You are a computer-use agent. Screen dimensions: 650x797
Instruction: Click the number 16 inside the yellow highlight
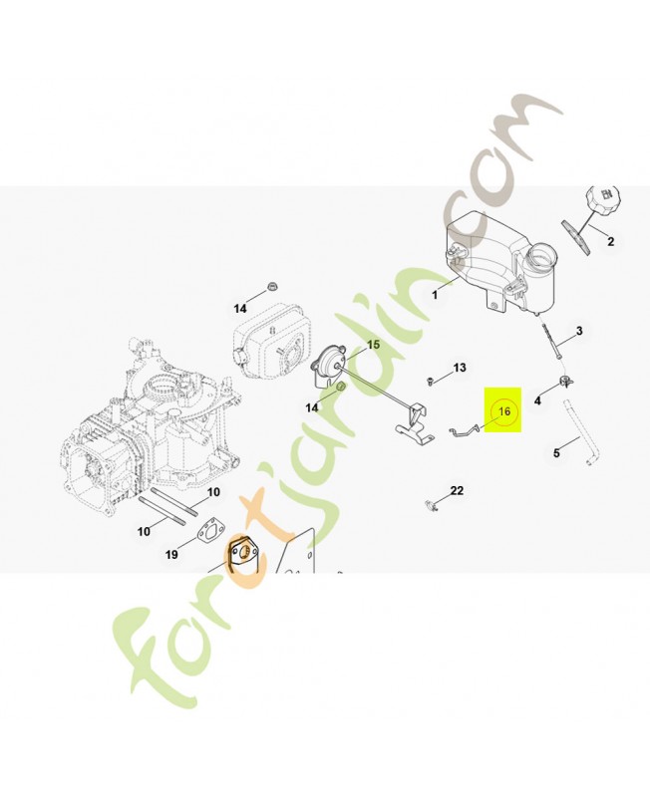tap(504, 410)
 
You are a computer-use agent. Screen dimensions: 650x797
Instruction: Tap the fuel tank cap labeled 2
tap(603, 197)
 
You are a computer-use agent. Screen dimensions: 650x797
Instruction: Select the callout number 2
tap(611, 241)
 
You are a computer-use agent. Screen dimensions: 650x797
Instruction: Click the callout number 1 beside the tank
tap(435, 294)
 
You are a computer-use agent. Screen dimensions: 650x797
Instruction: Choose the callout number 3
tap(579, 332)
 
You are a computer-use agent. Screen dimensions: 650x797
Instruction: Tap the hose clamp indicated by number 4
tap(565, 381)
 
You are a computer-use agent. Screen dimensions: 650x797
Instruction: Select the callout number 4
tap(537, 401)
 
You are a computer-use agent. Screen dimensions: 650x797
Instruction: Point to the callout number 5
tap(556, 452)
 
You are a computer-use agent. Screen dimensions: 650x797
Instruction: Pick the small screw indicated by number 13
tap(431, 381)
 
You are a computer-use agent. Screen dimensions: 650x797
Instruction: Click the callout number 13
tap(460, 368)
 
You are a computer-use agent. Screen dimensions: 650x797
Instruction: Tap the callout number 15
tap(373, 345)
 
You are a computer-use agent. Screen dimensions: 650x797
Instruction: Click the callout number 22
tap(457, 490)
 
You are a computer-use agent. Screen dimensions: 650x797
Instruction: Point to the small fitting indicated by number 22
tap(432, 506)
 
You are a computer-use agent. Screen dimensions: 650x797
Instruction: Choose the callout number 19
tap(171, 555)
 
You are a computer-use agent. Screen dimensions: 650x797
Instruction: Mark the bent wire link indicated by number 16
tap(463, 430)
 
